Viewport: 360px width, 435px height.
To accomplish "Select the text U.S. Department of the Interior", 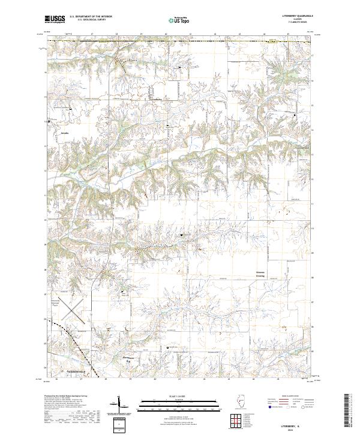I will coord(90,17).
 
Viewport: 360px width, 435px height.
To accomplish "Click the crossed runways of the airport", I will coord(71,308).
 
